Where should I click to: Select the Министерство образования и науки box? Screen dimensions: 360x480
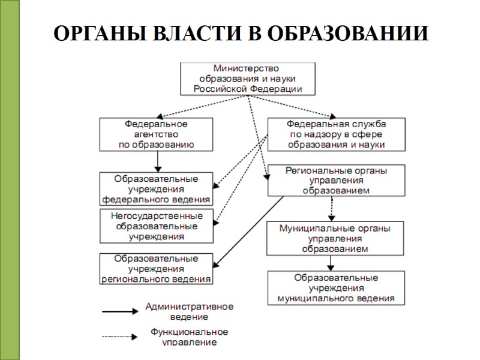[x=247, y=79]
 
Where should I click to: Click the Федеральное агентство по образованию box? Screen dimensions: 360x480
[x=156, y=134]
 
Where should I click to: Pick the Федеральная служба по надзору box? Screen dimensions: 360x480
[x=335, y=134]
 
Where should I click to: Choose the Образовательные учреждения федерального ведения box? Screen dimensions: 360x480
[x=156, y=189]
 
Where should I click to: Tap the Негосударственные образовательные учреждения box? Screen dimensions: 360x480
[x=157, y=226]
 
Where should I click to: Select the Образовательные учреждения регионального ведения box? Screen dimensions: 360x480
[x=156, y=268]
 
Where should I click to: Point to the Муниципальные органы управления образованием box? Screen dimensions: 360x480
[x=335, y=238]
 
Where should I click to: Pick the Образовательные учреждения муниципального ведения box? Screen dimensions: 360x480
[x=335, y=288]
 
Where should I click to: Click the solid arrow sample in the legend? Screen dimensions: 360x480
[x=120, y=311]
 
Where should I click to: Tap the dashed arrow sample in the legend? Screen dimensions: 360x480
[x=120, y=337]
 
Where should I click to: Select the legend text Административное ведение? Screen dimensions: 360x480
[x=189, y=311]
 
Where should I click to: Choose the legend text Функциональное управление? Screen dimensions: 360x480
[x=189, y=337]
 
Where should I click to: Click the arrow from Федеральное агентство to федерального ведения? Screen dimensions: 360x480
[x=157, y=161]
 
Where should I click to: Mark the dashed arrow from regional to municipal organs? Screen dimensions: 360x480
[x=331, y=208]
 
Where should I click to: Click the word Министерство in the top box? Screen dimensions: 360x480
[x=247, y=69]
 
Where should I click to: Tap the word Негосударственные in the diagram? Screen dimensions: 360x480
[x=157, y=216]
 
